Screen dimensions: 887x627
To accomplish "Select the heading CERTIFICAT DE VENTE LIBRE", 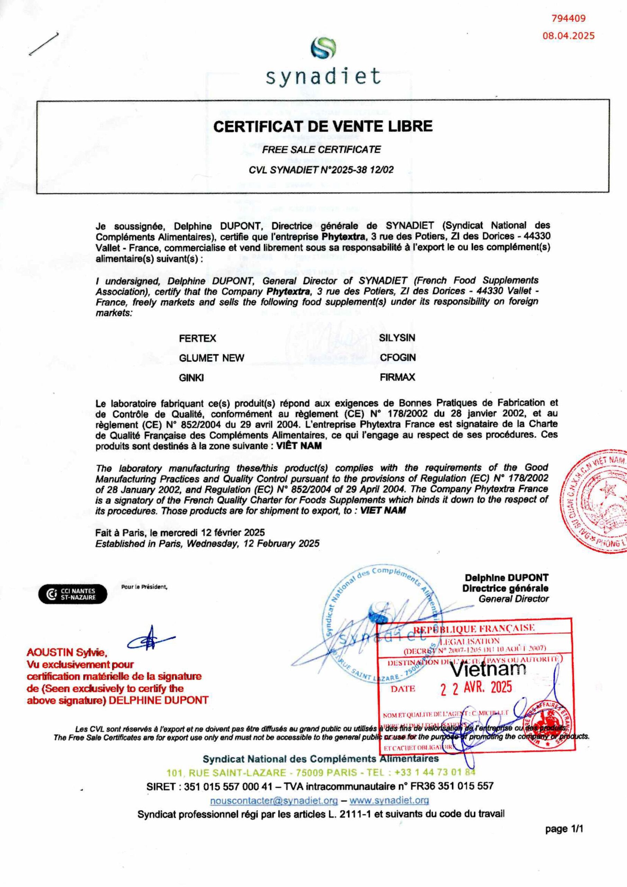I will pyautogui.click(x=323, y=127).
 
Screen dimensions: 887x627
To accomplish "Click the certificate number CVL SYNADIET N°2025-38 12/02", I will pyautogui.click(x=321, y=170).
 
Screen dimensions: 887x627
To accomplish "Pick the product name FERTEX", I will pyautogui.click(x=197, y=339).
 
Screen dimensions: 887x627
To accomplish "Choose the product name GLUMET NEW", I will pyautogui.click(x=211, y=358).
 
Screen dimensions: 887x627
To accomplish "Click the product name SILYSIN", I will pyautogui.click(x=397, y=337).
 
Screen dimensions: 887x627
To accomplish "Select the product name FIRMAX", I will pyautogui.click(x=397, y=377).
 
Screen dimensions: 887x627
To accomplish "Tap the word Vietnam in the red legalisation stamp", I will pyautogui.click(x=488, y=669).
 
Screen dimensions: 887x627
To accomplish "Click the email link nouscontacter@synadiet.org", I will pyautogui.click(x=274, y=800).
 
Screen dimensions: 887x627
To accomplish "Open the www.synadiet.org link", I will pyautogui.click(x=389, y=800).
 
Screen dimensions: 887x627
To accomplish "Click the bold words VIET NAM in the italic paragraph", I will pyautogui.click(x=383, y=510).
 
